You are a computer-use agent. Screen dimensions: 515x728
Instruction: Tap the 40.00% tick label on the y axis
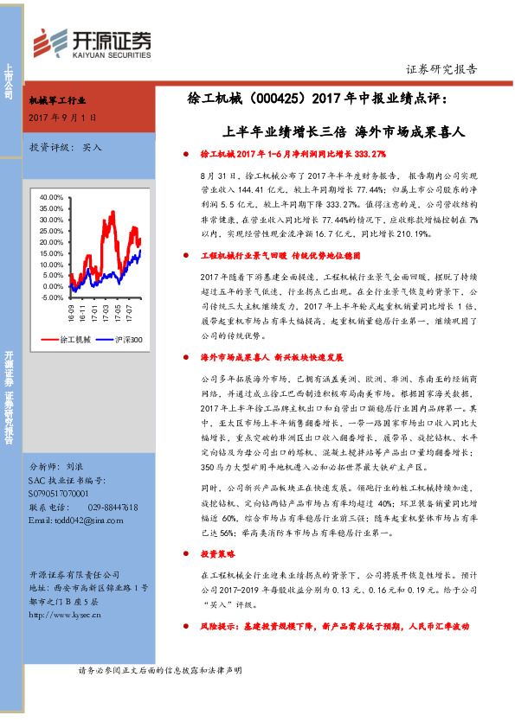(x=50, y=197)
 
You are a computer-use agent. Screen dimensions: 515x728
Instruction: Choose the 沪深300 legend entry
(x=125, y=340)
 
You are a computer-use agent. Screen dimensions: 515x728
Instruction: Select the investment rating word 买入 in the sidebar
(x=92, y=147)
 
